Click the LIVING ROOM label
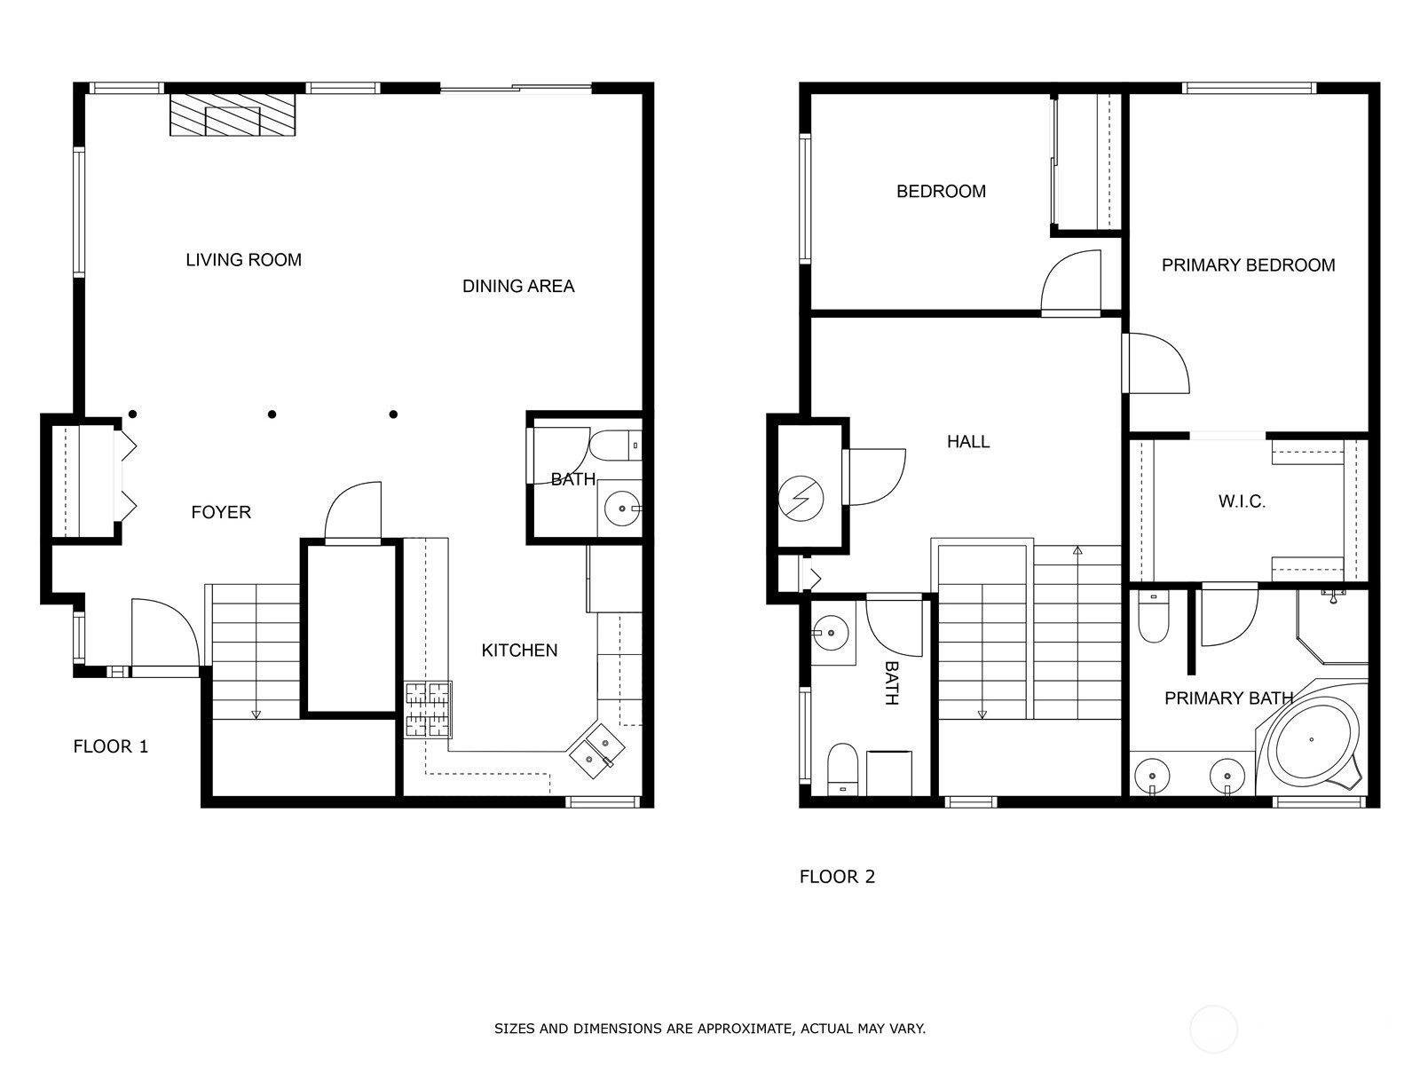coord(243,260)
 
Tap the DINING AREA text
coord(518,286)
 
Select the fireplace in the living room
coord(233,114)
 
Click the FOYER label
coord(221,512)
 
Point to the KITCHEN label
coord(519,650)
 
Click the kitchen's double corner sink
coord(596,752)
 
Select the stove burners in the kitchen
coord(428,710)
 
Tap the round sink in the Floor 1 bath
coord(622,509)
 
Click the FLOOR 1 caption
coord(111,746)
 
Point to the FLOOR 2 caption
coord(837,876)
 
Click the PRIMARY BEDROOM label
coord(1248,265)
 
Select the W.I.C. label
coord(1242,501)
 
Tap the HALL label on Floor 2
coord(967,442)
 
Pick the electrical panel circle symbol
coord(801,499)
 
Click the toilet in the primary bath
coord(1153,618)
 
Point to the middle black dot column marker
coord(272,414)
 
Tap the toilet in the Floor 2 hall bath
coord(842,769)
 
